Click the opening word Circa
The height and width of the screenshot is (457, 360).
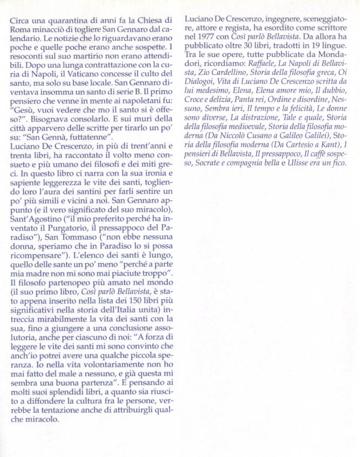point(19,20)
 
